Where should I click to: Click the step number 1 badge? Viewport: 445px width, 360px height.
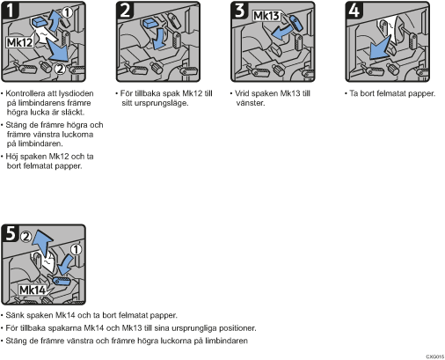tap(10, 10)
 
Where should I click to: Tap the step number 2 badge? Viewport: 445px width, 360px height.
tap(125, 10)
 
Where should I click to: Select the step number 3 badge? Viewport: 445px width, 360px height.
tap(239, 10)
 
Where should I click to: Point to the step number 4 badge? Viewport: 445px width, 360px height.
tap(354, 10)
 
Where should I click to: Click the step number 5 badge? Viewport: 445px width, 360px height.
tap(11, 233)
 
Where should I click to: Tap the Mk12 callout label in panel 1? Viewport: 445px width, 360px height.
tap(19, 42)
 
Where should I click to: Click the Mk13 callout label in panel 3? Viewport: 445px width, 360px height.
tap(266, 16)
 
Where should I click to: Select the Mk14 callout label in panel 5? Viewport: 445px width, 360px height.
tap(33, 290)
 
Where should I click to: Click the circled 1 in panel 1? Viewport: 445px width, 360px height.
tap(67, 12)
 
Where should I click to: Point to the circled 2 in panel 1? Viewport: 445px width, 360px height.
tap(60, 69)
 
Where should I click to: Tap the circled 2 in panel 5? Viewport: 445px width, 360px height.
tap(26, 236)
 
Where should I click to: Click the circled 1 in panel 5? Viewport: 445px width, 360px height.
tap(76, 250)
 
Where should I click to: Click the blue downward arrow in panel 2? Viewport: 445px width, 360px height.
tap(159, 39)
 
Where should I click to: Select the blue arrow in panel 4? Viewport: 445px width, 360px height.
tap(380, 48)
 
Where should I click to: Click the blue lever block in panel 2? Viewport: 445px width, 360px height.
tap(152, 23)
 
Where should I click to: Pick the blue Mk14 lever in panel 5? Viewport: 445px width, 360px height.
tap(62, 281)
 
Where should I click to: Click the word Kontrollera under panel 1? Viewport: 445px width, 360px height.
tap(24, 93)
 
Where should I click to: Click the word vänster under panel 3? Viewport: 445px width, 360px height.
tap(251, 103)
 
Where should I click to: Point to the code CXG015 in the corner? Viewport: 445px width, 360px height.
tap(435, 356)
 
